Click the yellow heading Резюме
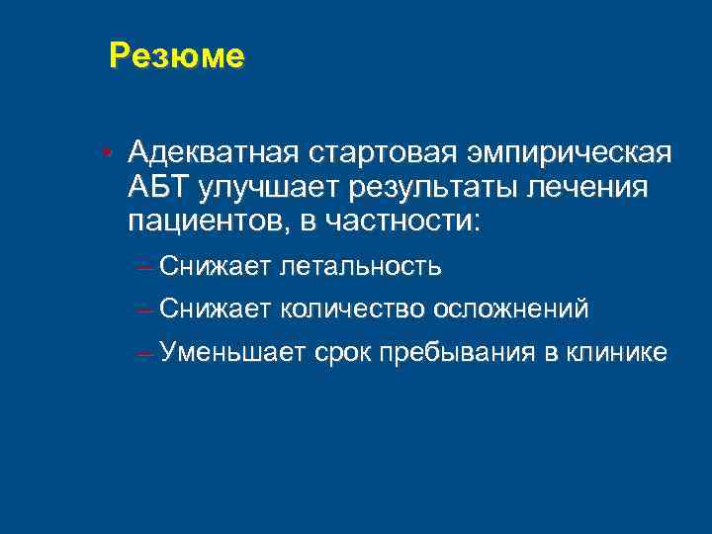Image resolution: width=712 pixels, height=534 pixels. (x=176, y=56)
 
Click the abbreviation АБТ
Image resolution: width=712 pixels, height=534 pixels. (x=158, y=186)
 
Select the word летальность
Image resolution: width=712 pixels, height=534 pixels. (x=361, y=266)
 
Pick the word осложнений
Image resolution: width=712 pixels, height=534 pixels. (x=510, y=309)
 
